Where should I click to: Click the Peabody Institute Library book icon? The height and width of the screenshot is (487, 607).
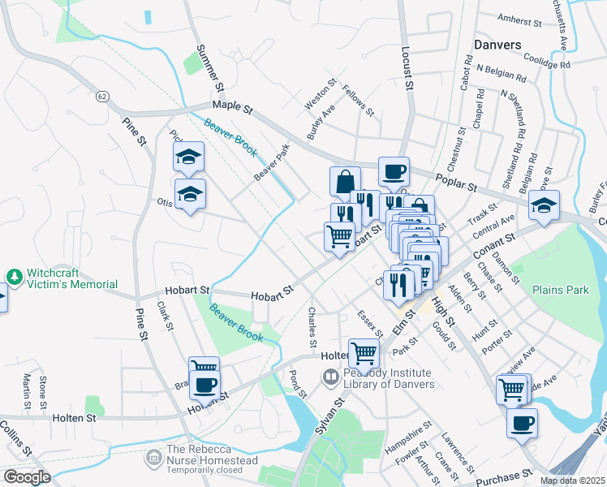click(x=330, y=377)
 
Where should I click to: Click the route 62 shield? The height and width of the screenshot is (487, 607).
click(x=101, y=97)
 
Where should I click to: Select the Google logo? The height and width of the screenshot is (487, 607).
click(x=27, y=476)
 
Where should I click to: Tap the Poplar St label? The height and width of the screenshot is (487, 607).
click(x=455, y=183)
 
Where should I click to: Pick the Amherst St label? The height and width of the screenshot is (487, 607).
click(x=519, y=19)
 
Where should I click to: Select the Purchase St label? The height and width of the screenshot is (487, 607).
click(x=502, y=479)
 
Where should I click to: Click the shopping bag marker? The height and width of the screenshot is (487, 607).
click(x=345, y=182)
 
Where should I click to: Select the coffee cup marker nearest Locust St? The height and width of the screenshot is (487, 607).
click(x=394, y=172)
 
